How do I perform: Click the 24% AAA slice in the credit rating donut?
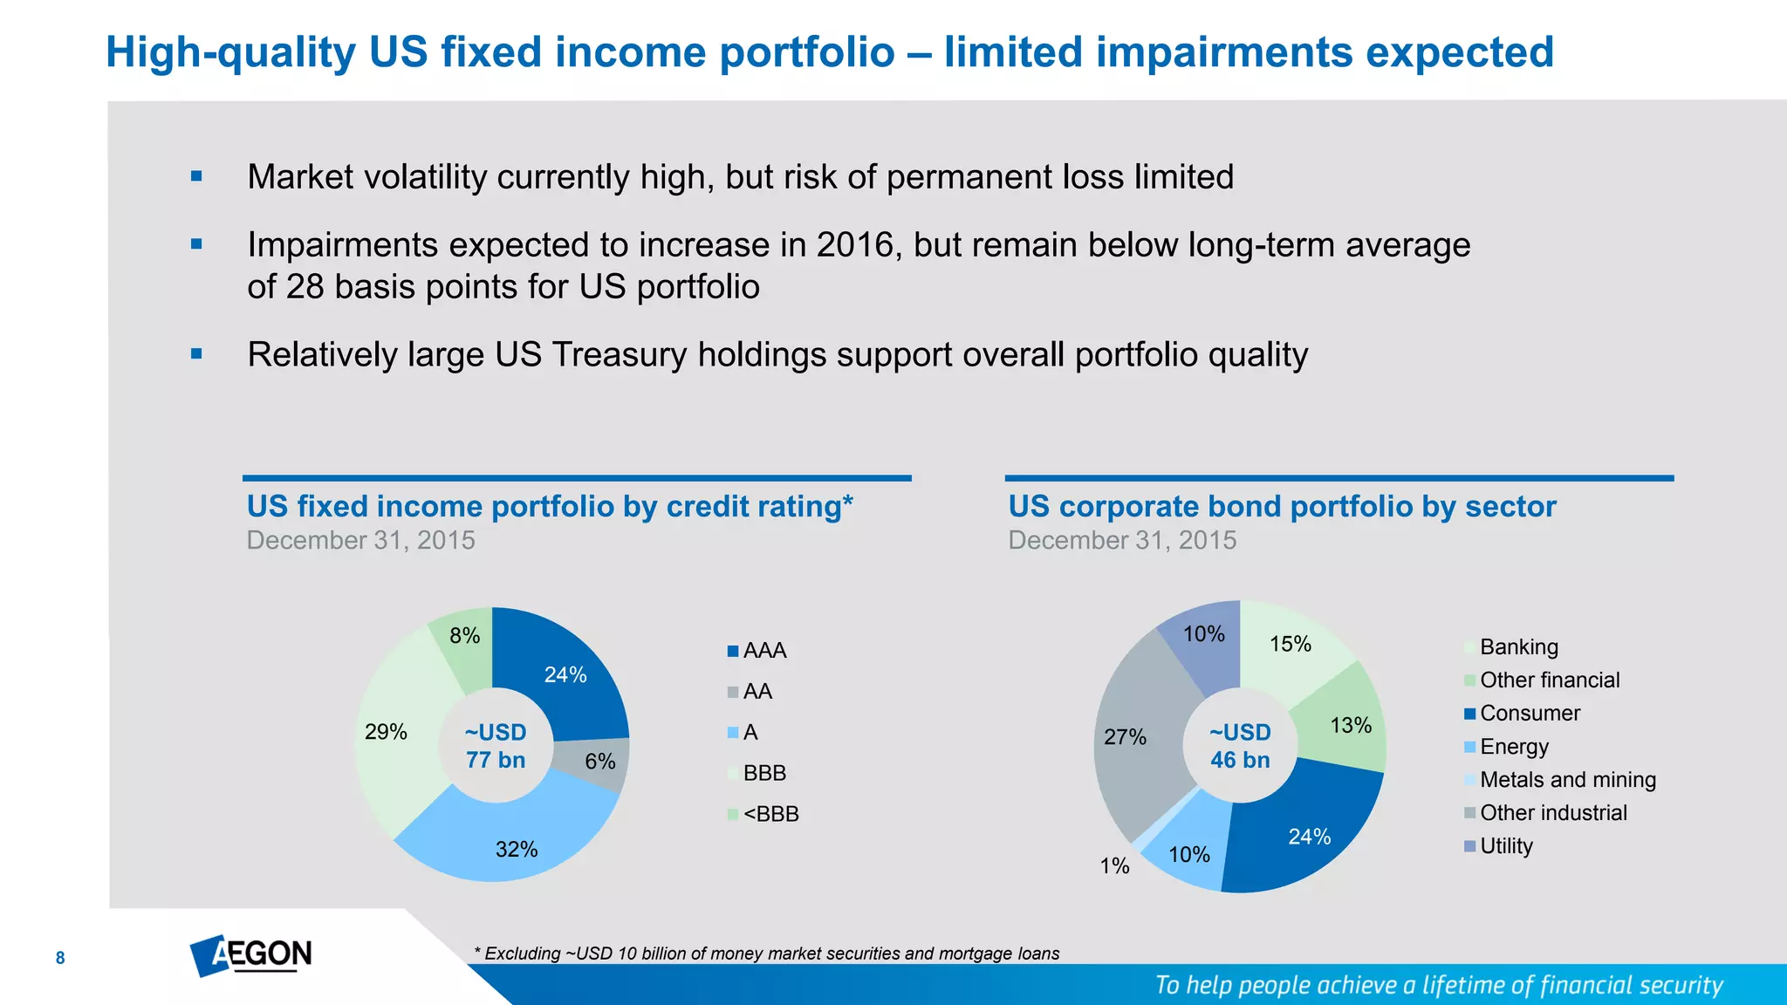[565, 674]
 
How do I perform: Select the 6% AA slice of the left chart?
[599, 762]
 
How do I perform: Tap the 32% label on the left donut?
[516, 849]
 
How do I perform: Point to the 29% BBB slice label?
[386, 732]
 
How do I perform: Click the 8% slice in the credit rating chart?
[464, 636]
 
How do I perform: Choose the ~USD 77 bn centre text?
[495, 746]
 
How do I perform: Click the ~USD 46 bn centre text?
[1240, 746]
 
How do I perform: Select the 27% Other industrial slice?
[1126, 737]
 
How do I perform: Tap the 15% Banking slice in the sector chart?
[1290, 644]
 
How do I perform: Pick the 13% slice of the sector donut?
[1350, 725]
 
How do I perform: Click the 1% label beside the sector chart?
[1114, 865]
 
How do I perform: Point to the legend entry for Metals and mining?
[1567, 780]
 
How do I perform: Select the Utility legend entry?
[1505, 846]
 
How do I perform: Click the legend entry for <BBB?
[770, 814]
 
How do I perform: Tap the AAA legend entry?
[764, 651]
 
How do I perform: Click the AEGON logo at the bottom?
[251, 955]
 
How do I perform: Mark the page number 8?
[60, 958]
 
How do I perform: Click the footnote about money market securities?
[766, 954]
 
